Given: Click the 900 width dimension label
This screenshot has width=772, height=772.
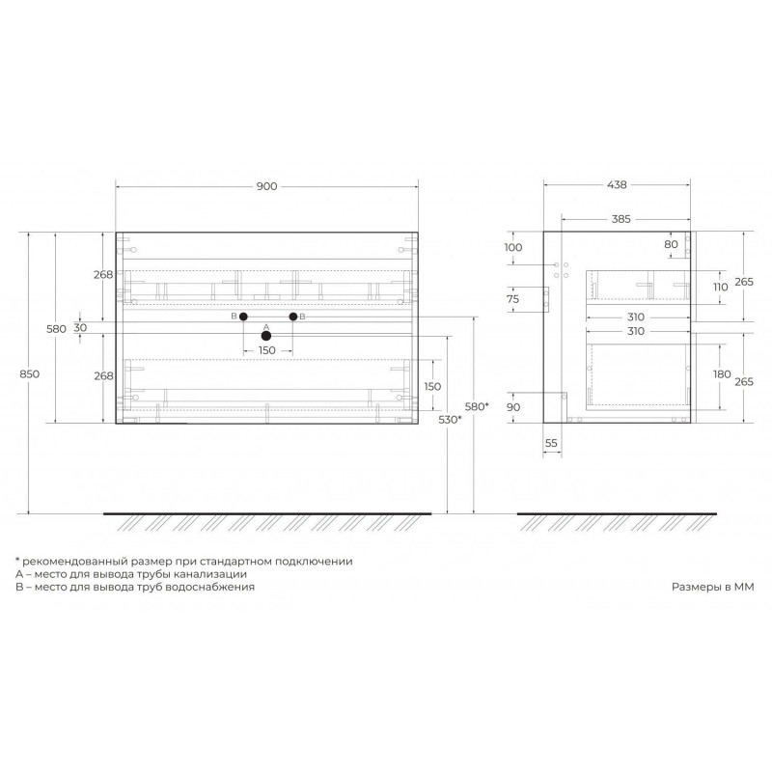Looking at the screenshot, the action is tap(267, 186).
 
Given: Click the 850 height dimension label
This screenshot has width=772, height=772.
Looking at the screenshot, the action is tap(30, 373).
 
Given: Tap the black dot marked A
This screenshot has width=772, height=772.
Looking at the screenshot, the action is tap(266, 336).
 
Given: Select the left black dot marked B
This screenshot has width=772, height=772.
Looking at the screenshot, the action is tap(243, 317).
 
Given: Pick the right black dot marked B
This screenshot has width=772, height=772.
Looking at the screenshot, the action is tap(293, 317).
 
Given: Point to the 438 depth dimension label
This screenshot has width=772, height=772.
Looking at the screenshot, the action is tap(617, 184).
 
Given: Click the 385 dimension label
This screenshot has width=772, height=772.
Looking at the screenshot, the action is tap(620, 219).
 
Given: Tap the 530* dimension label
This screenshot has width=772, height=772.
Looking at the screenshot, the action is tap(450, 420).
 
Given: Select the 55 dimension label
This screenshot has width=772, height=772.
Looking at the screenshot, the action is tap(551, 443).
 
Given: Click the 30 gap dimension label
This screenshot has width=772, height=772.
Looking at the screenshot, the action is tap(80, 327).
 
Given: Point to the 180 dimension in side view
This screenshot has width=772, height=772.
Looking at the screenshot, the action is tap(722, 374).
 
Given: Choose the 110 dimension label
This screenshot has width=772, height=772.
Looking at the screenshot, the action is tap(720, 287).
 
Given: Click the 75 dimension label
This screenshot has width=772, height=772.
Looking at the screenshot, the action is tap(512, 299).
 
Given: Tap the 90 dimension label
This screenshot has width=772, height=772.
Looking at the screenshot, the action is tap(513, 407).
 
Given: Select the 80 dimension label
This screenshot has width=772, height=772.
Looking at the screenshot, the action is tap(671, 244).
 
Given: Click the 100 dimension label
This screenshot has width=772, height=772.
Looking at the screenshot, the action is tap(513, 247).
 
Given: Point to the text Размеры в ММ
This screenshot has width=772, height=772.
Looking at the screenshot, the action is tap(713, 587).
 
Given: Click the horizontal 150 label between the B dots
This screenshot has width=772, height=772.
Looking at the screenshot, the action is tap(267, 350).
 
